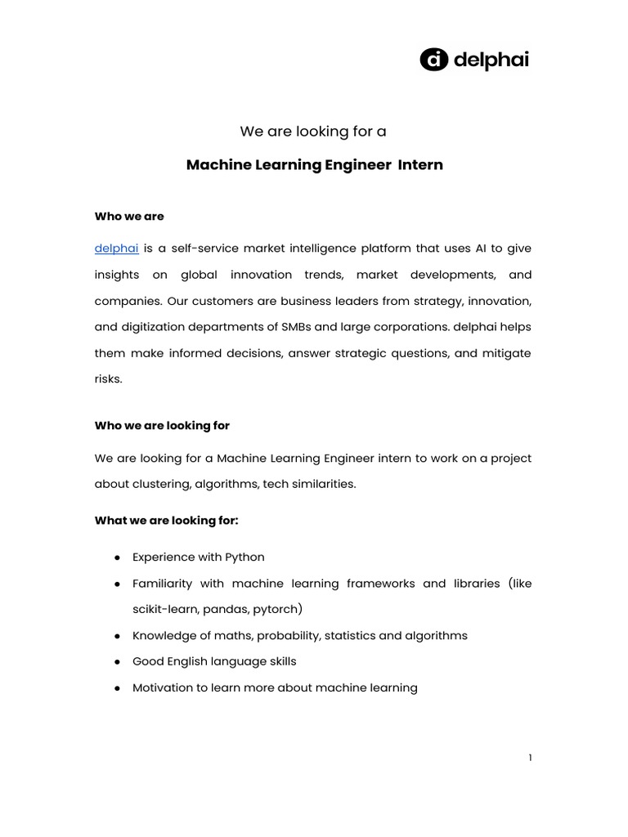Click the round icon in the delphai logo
click(x=434, y=59)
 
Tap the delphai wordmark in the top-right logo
click(x=491, y=60)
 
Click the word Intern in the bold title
click(x=420, y=165)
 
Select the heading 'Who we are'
click(x=129, y=217)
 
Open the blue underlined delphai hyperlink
click(x=116, y=248)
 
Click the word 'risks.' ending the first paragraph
click(x=109, y=379)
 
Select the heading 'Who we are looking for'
click(x=162, y=426)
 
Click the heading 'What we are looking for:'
click(x=166, y=521)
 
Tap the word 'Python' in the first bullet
click(x=244, y=557)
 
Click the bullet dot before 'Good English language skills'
click(x=118, y=661)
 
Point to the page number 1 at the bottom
click(x=530, y=758)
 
